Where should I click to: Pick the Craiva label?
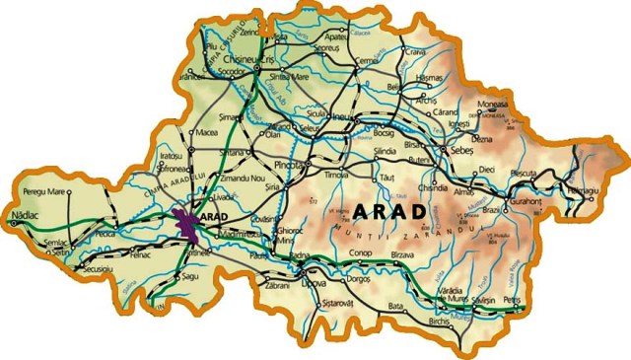(415, 52)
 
